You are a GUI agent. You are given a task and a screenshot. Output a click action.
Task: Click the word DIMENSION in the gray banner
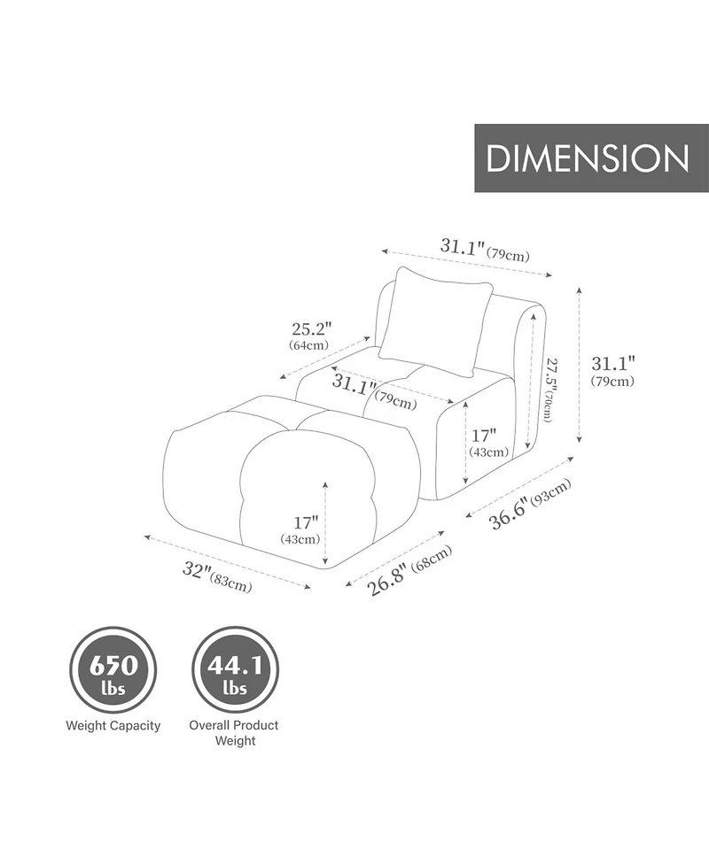[588, 158]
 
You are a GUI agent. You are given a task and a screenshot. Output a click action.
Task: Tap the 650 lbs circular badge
[113, 671]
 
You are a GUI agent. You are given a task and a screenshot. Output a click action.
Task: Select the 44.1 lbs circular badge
[235, 671]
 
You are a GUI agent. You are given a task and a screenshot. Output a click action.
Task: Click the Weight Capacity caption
[113, 726]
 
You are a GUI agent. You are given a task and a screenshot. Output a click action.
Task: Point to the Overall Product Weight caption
[234, 732]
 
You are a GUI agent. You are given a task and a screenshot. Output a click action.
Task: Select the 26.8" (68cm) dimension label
[409, 571]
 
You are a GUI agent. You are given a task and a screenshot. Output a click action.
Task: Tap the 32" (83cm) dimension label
[216, 575]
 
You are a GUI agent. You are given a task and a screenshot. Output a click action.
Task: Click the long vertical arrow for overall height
[580, 364]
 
